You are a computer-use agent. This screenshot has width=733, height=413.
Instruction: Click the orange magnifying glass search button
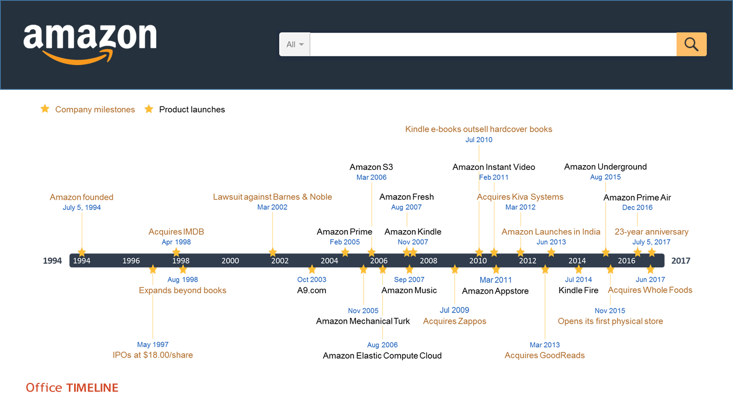692,44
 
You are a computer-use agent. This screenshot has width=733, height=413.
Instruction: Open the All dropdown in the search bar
295,44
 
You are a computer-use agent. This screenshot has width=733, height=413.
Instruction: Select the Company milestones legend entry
88,109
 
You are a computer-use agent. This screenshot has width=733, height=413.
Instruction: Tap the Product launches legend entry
185,109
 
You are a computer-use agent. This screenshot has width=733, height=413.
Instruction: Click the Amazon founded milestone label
82,197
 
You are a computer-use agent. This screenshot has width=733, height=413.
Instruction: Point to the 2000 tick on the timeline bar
230,261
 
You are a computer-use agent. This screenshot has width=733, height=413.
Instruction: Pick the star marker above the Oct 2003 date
312,269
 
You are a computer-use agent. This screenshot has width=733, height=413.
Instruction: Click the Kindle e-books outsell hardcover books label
479,129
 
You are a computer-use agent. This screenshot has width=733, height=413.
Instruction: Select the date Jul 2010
479,140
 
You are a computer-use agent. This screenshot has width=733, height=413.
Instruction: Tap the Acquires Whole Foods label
650,290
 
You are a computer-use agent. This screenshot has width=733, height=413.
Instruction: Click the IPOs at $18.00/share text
153,355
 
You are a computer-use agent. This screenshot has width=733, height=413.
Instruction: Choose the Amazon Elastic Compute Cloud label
382,355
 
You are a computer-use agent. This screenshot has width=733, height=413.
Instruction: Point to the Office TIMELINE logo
72,388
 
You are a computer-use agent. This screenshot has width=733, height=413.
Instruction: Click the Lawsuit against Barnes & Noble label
273,197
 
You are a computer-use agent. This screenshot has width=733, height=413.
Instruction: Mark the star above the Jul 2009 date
454,269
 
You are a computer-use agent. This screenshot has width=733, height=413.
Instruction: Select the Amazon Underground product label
605,167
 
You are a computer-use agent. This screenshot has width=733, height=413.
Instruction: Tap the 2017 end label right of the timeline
681,261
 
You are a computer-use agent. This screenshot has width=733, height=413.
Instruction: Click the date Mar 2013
545,345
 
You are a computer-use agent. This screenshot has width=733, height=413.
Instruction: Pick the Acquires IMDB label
176,232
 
